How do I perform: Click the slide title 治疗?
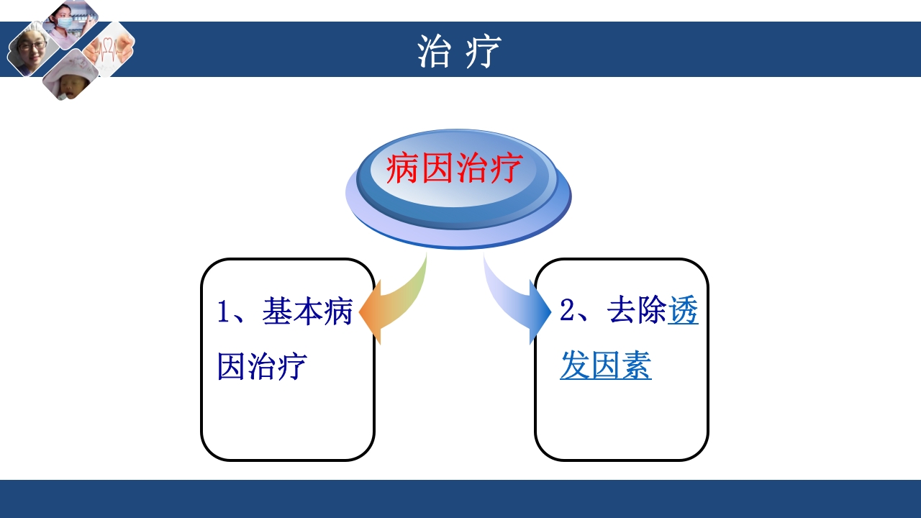click(x=459, y=51)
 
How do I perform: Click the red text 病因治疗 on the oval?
click(x=453, y=170)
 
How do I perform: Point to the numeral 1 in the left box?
click(x=223, y=313)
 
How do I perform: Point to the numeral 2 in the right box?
click(x=567, y=312)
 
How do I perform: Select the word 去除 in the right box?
click(x=638, y=312)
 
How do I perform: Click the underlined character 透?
click(x=683, y=312)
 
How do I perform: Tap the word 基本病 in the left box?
click(x=307, y=313)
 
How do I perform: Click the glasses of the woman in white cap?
click(x=32, y=46)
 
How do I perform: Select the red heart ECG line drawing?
click(x=109, y=48)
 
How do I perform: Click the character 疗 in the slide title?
click(x=482, y=52)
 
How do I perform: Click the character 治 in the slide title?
click(x=434, y=52)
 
